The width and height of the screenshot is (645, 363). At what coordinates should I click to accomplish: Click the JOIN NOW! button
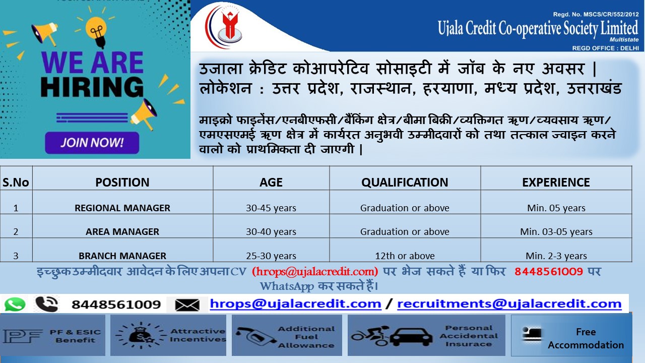[92, 143]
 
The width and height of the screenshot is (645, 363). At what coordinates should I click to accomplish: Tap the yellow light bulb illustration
[96, 32]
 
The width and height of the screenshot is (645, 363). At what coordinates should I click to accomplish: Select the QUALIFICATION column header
[405, 183]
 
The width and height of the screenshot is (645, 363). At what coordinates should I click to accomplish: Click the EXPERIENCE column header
[556, 183]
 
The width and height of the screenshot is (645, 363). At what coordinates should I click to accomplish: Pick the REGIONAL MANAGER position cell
[122, 208]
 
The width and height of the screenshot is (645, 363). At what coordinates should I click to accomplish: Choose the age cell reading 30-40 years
[271, 231]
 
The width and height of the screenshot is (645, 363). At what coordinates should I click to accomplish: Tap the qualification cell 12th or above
[405, 256]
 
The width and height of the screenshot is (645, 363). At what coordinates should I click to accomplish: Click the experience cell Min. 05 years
[556, 208]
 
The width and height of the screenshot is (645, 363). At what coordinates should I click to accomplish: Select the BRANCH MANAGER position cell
[122, 256]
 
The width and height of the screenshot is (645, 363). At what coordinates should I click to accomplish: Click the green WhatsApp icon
[15, 304]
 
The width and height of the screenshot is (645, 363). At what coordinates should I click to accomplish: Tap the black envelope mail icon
[187, 305]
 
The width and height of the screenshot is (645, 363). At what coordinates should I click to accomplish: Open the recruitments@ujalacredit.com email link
[509, 304]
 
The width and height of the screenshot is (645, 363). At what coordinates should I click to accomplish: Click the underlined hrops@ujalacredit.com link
[295, 304]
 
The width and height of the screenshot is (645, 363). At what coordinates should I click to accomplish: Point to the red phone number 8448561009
[549, 271]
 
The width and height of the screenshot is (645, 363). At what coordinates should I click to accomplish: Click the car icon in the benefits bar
[411, 336]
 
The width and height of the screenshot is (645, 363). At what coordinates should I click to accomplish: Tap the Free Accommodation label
[586, 338]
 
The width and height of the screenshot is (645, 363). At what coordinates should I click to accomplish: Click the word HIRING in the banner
[92, 86]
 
